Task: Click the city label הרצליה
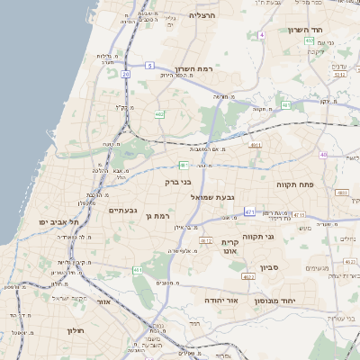click(x=202, y=15)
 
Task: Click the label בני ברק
click(x=177, y=182)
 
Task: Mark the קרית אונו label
click(x=229, y=247)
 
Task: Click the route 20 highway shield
click(x=125, y=74)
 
